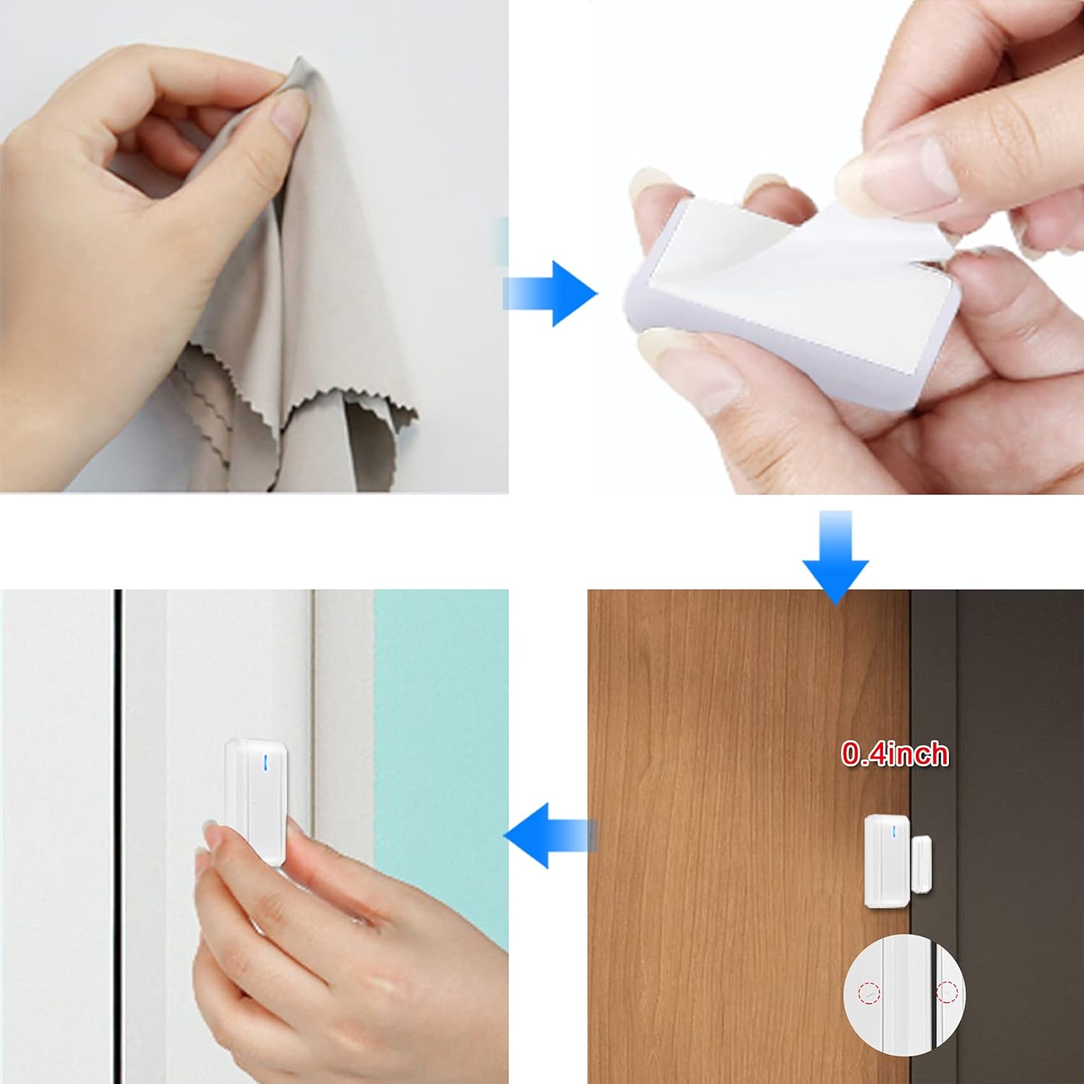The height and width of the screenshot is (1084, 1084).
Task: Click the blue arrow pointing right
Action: (x=551, y=293)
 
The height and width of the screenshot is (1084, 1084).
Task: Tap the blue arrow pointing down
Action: (x=835, y=556)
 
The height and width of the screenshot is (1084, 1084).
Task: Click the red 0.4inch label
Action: (x=895, y=754)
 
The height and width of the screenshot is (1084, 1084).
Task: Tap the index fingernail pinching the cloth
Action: (x=291, y=114)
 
